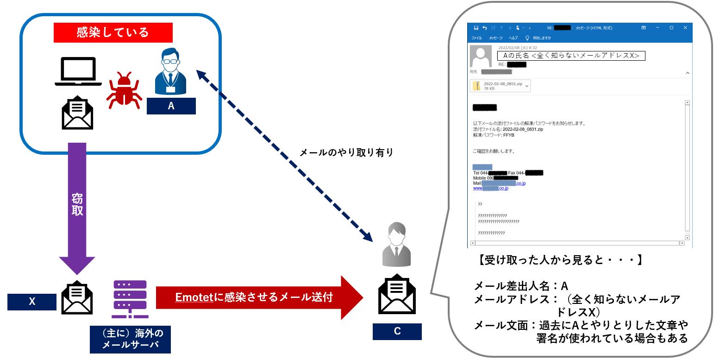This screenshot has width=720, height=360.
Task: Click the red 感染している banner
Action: [x=113, y=32]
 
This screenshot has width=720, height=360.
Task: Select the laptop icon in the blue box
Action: [x=78, y=72]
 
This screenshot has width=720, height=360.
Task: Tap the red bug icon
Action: [x=124, y=90]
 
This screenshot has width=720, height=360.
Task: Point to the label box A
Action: [x=171, y=106]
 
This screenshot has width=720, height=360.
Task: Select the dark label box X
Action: [x=32, y=302]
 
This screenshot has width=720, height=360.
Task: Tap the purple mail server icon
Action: [x=130, y=299]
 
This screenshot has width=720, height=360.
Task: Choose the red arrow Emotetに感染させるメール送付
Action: [x=259, y=297]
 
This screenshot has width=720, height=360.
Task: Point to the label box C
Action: [x=397, y=331]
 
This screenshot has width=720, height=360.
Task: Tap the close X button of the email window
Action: [x=685, y=28]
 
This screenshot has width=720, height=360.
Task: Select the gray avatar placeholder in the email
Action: [x=481, y=57]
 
